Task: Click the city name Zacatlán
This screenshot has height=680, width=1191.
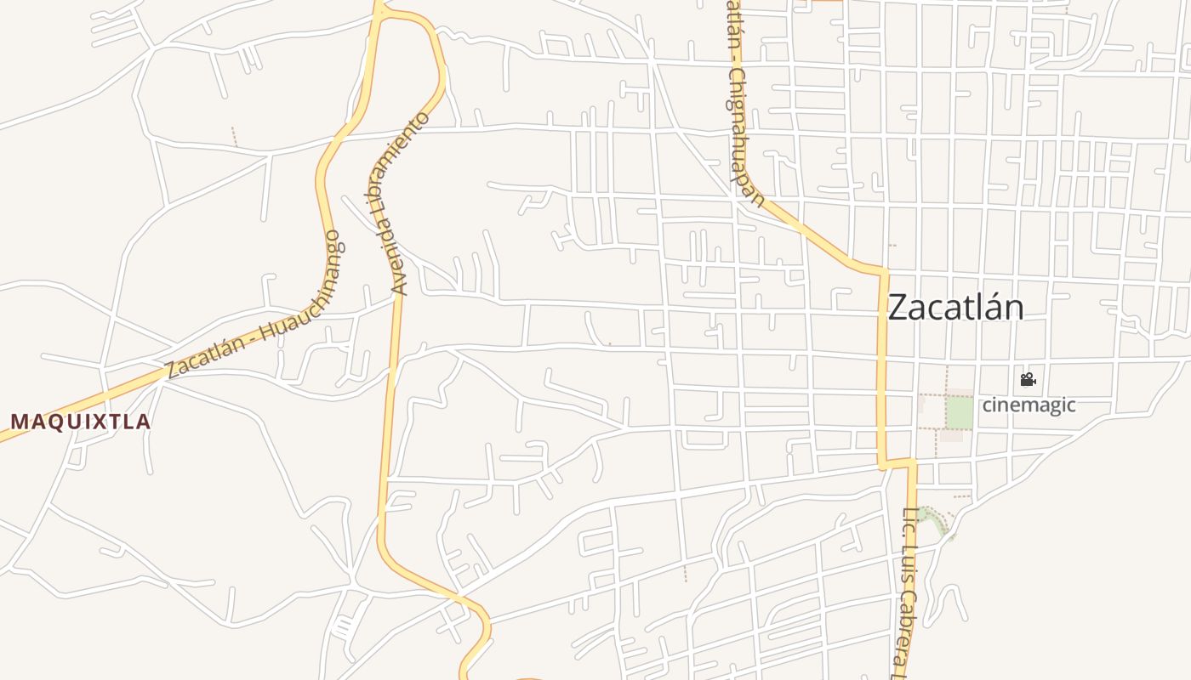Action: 955,307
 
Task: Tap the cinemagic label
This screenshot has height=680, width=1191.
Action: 1029,405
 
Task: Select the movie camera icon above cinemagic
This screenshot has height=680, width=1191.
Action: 1028,379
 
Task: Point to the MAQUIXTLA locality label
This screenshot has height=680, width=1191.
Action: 81,422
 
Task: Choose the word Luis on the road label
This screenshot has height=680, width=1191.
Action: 907,564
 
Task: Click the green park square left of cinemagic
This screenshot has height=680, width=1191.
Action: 960,413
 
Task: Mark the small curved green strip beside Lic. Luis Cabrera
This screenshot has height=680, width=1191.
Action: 935,519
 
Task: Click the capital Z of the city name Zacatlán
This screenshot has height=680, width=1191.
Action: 898,308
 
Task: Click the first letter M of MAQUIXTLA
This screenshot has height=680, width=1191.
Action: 19,422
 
